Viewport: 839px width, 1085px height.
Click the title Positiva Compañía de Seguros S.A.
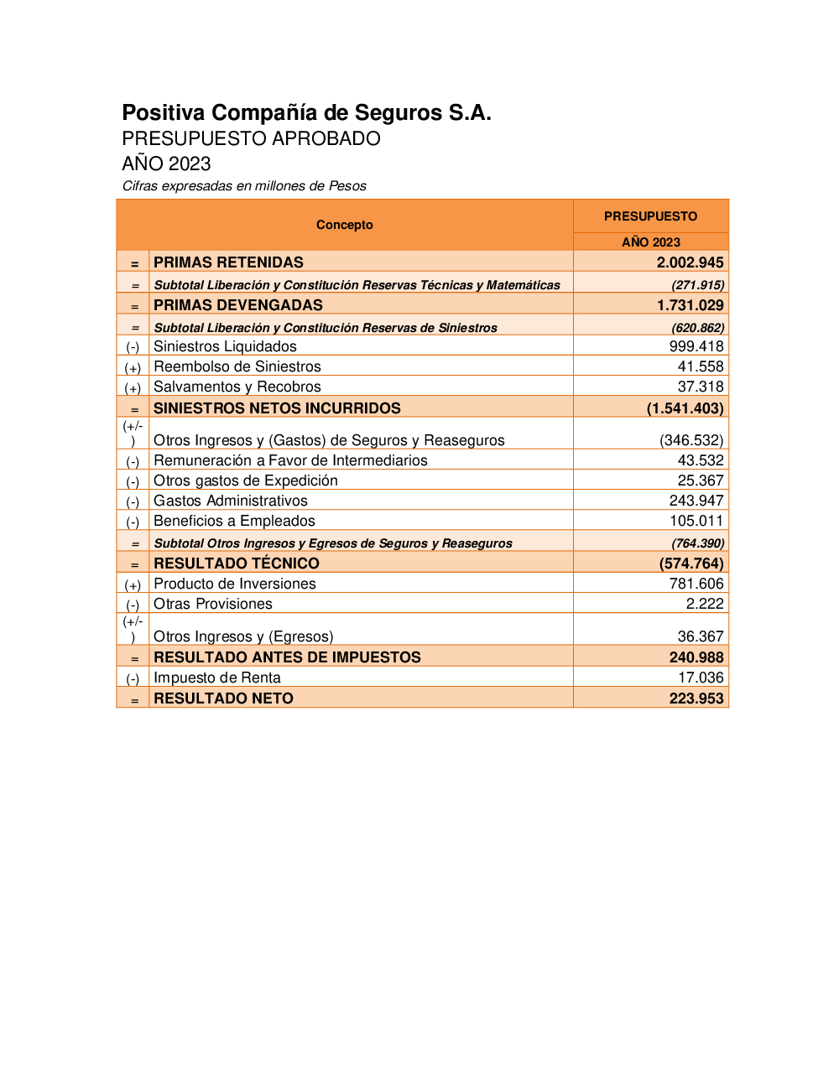(x=306, y=113)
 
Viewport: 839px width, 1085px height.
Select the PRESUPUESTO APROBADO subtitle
(x=251, y=139)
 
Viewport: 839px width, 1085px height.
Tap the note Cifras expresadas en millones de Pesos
(x=244, y=186)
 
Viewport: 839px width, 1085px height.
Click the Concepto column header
(x=344, y=225)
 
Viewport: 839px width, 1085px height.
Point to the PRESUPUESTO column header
(x=650, y=216)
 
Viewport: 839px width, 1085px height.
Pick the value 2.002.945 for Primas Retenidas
(x=690, y=262)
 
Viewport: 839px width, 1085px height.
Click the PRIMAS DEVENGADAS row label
(x=237, y=305)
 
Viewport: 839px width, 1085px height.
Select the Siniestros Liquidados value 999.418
(x=696, y=346)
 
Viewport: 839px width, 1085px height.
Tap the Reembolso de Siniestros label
(x=237, y=366)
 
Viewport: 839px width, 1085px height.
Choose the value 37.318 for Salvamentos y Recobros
(x=700, y=387)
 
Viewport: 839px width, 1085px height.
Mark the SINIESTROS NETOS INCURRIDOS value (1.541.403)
(x=685, y=408)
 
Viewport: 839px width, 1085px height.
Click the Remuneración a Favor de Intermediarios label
(x=290, y=460)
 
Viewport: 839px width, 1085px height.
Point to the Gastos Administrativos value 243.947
(x=696, y=501)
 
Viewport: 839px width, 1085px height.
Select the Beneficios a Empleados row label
(x=234, y=521)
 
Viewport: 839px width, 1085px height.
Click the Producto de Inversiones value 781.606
(x=696, y=584)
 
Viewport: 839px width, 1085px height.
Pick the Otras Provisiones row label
(x=212, y=604)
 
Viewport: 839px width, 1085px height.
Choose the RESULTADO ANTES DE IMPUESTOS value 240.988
(x=696, y=657)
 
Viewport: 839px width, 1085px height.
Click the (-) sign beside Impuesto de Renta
(x=133, y=678)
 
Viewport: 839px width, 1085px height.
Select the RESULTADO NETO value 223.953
(x=696, y=698)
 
